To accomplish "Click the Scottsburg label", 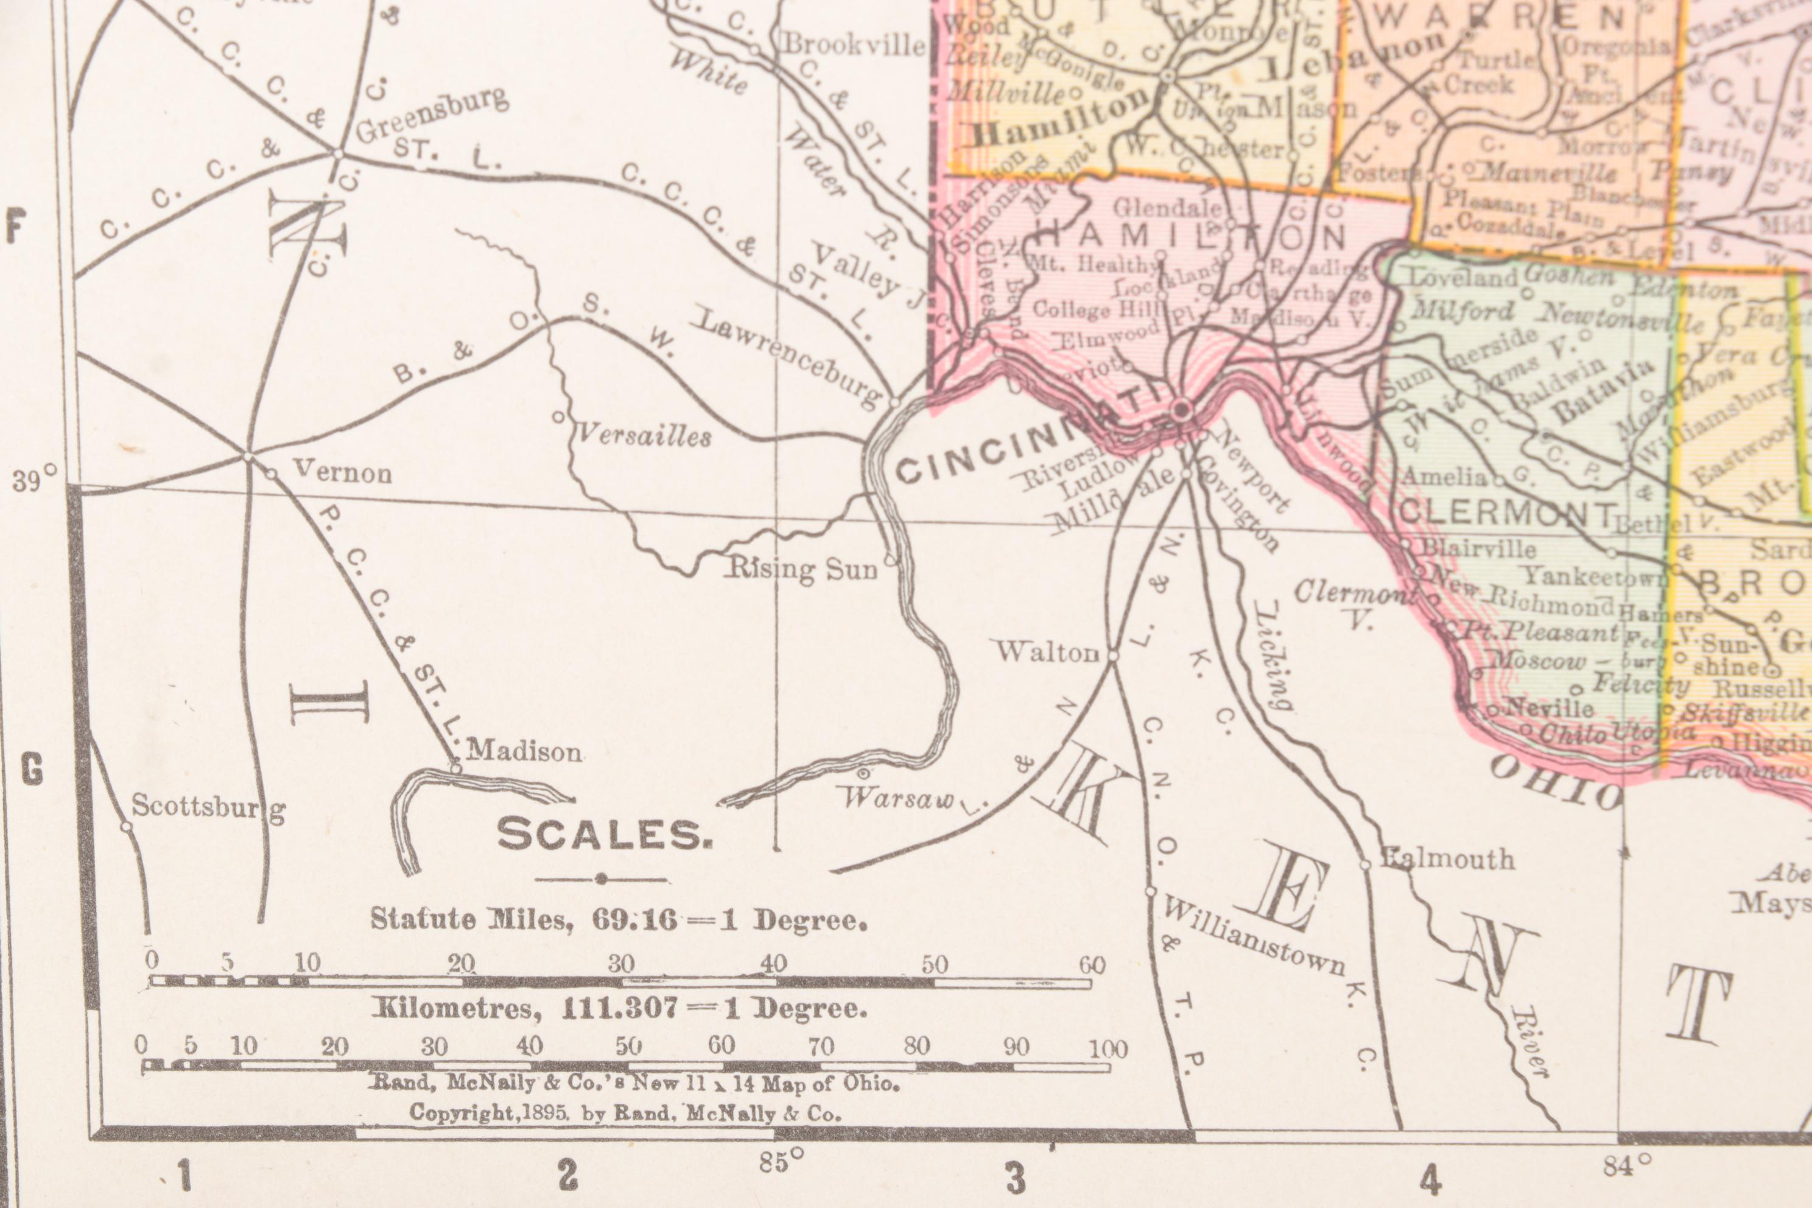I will [x=208, y=807].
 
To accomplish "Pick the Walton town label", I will [x=1048, y=651].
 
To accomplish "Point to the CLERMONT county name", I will [x=1507, y=512].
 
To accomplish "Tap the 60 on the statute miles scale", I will [x=1092, y=964].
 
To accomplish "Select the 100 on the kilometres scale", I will [x=1108, y=1048].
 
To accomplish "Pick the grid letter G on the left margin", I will [x=31, y=770].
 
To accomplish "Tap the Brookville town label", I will [x=854, y=44].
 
